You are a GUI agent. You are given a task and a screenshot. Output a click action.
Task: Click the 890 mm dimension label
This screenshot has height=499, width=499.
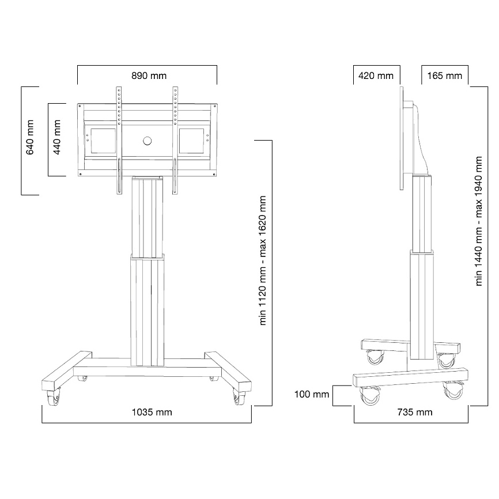point(149,75)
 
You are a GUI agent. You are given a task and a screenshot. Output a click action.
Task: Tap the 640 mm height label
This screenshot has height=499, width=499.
point(30,137)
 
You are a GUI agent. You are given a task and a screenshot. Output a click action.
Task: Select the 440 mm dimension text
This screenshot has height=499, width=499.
point(56,137)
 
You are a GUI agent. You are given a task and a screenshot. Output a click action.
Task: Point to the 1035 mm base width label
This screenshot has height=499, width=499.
point(152,412)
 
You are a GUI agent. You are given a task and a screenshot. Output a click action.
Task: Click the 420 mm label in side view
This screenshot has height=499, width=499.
point(376,75)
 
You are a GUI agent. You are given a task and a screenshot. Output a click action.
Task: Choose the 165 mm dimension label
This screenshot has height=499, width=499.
point(445,75)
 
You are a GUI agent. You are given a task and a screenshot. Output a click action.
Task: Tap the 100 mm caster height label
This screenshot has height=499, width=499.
point(312,394)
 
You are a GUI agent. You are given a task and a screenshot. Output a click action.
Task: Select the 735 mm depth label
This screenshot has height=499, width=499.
point(415,412)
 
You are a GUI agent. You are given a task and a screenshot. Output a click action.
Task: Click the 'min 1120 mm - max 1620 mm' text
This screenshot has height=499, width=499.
point(263,260)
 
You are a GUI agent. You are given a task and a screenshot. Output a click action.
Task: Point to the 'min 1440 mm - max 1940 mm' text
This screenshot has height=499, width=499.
point(479,221)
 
